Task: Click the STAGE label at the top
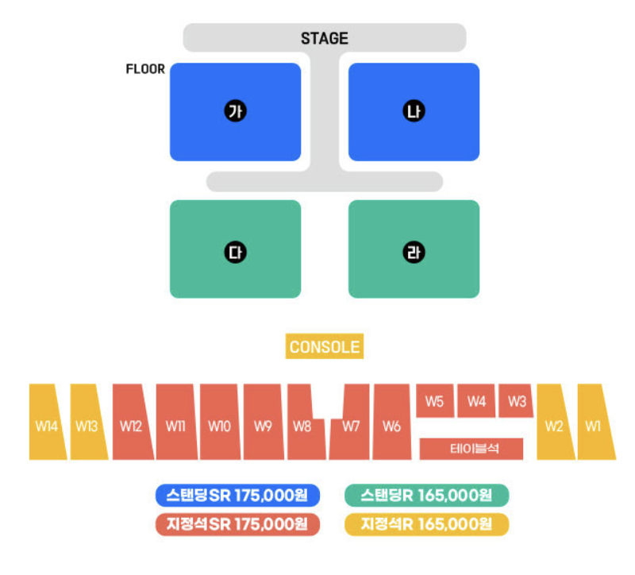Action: [324, 38]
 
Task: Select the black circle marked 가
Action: [235, 112]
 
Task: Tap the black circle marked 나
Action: [414, 112]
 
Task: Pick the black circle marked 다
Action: [235, 253]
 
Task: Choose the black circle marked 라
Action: [414, 253]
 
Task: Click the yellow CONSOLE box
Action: [325, 347]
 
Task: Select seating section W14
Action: [47, 426]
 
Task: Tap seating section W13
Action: [87, 426]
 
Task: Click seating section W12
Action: [132, 426]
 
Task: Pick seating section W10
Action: [219, 426]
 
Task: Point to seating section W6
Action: [391, 426]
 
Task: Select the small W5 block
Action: [434, 401]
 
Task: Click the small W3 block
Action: [517, 401]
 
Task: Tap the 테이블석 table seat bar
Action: [471, 449]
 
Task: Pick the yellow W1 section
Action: [595, 426]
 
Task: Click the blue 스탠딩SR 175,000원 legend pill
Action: [237, 496]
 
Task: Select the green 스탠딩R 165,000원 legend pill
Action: [426, 496]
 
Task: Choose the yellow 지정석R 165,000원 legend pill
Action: [426, 524]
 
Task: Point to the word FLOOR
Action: [145, 69]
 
